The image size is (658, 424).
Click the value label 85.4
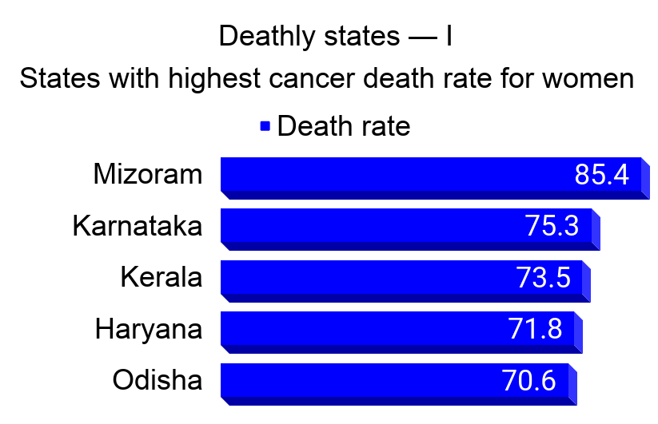click(x=602, y=175)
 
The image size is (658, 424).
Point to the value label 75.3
click(x=552, y=226)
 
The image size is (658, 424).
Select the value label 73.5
click(x=544, y=277)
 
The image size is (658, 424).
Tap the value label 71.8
click(x=536, y=328)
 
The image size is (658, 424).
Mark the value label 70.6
click(x=529, y=380)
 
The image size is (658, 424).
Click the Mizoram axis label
click(x=148, y=174)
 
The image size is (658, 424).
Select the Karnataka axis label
click(x=137, y=226)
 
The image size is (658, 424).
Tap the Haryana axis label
click(x=149, y=328)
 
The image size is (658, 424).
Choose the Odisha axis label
click(x=158, y=380)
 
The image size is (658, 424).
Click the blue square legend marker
click(x=265, y=125)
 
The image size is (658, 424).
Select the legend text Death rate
click(x=344, y=126)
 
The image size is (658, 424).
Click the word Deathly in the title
click(x=265, y=37)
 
